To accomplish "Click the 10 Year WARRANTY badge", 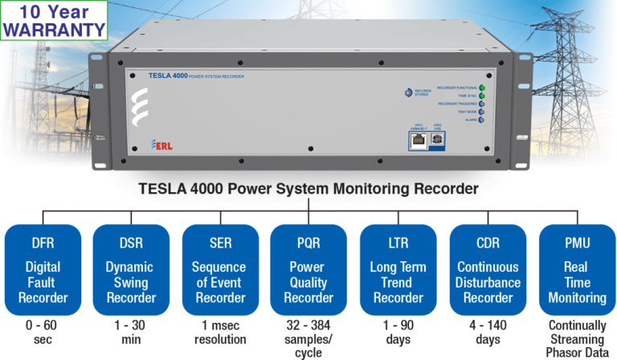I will pyautogui.click(x=54, y=21).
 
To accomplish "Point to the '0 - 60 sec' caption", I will pyautogui.click(x=42, y=332).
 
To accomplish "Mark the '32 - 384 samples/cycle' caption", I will pyautogui.click(x=308, y=338).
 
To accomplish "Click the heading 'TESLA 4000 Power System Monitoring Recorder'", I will pyautogui.click(x=308, y=190).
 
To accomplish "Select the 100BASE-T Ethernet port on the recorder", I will pyautogui.click(x=418, y=139).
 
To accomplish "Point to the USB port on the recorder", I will pyautogui.click(x=438, y=139).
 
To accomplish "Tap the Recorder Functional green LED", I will pyautogui.click(x=481, y=87).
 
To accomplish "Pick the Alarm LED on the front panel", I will pyautogui.click(x=481, y=120).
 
